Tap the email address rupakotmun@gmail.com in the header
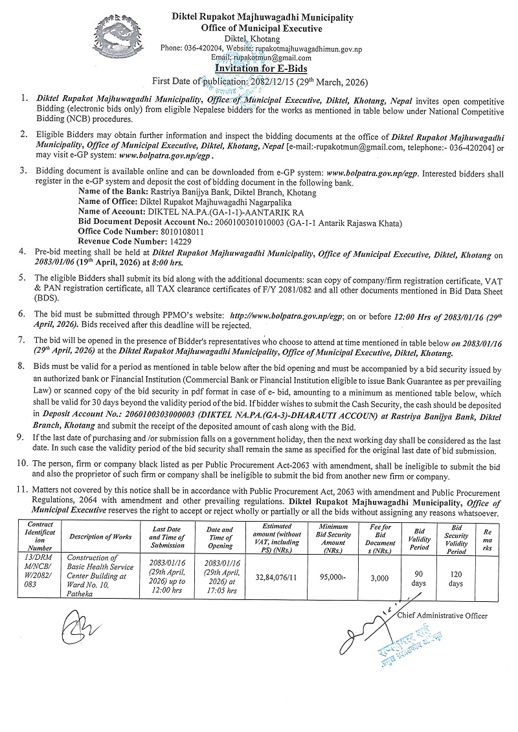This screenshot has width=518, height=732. tap(275, 57)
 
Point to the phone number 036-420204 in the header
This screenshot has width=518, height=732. tap(200, 48)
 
